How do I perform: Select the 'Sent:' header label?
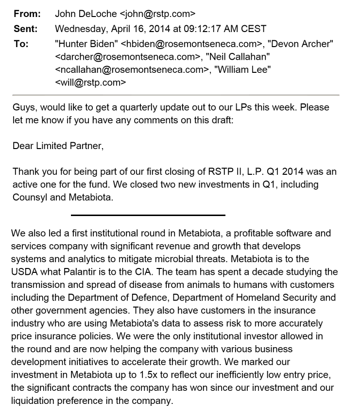[26, 29]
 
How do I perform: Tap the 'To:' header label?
[21, 44]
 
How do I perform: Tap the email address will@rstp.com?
[90, 82]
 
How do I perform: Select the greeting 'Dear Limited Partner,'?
[58, 146]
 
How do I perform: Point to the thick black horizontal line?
[148, 215]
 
